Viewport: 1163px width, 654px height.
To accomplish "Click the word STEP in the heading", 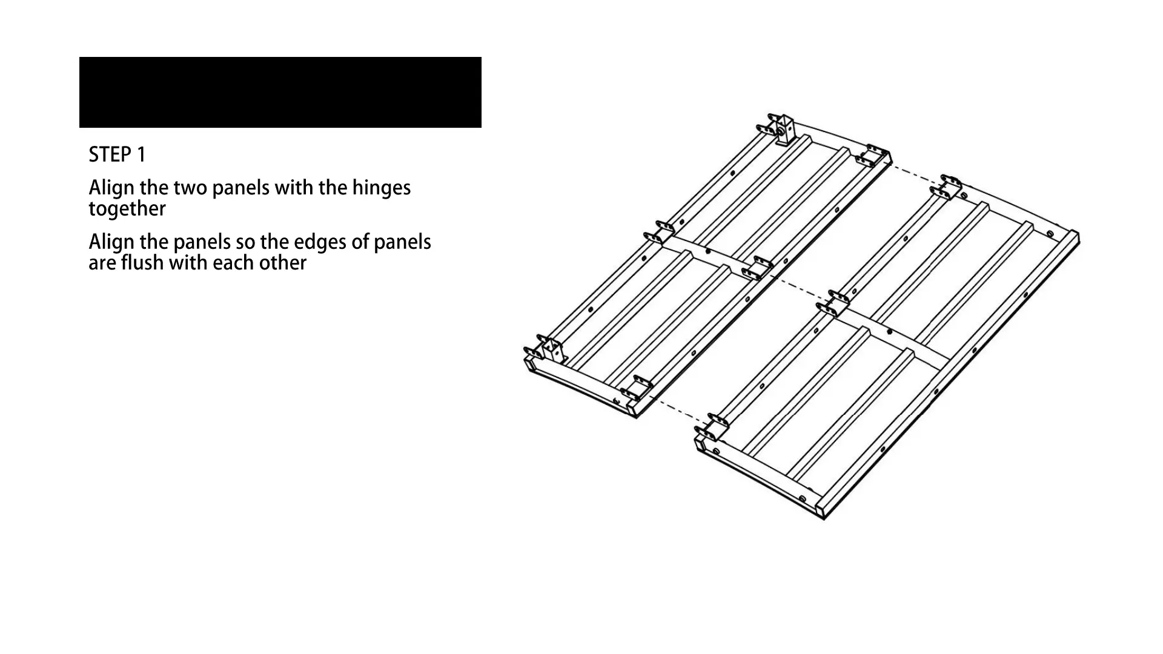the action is coord(108,155).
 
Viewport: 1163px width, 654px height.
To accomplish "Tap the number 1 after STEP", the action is coord(142,155).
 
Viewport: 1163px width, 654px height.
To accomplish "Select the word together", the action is coord(127,209).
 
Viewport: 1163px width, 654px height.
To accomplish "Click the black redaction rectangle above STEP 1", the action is coord(280,92).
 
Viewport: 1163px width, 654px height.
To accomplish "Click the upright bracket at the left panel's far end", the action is coord(784,131).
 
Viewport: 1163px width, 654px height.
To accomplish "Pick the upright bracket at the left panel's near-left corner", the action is coord(551,351).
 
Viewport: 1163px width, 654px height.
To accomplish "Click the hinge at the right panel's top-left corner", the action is coord(948,187).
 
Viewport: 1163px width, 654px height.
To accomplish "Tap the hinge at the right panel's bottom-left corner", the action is coord(710,426).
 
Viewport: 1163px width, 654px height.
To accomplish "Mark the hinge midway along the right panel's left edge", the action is coord(833,303).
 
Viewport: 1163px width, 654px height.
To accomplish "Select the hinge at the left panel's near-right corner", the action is coord(636,388).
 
